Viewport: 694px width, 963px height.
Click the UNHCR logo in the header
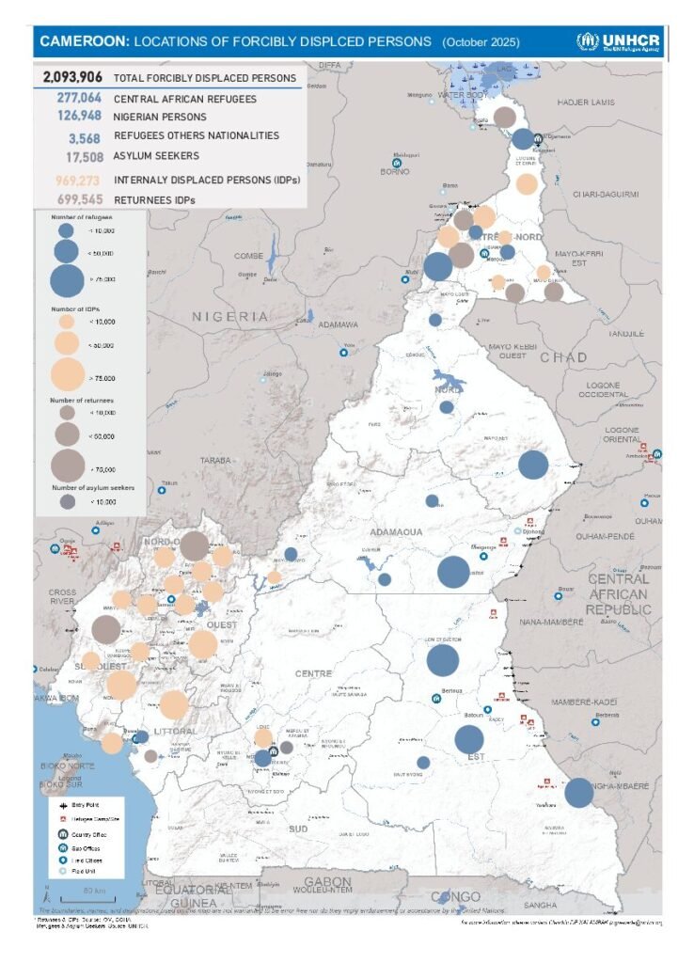[x=619, y=41]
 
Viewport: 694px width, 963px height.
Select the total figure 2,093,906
[x=73, y=78]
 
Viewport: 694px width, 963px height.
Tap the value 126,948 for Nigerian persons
[x=78, y=117]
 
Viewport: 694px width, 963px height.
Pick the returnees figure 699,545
[x=78, y=199]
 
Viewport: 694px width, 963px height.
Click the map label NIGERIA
[x=230, y=317]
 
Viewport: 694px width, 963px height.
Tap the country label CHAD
[x=563, y=357]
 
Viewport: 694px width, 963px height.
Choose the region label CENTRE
[x=314, y=673]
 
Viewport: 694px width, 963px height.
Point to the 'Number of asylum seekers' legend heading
[x=93, y=488]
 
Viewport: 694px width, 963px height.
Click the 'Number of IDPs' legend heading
[x=75, y=308]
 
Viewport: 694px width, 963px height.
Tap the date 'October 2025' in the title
[x=481, y=42]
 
